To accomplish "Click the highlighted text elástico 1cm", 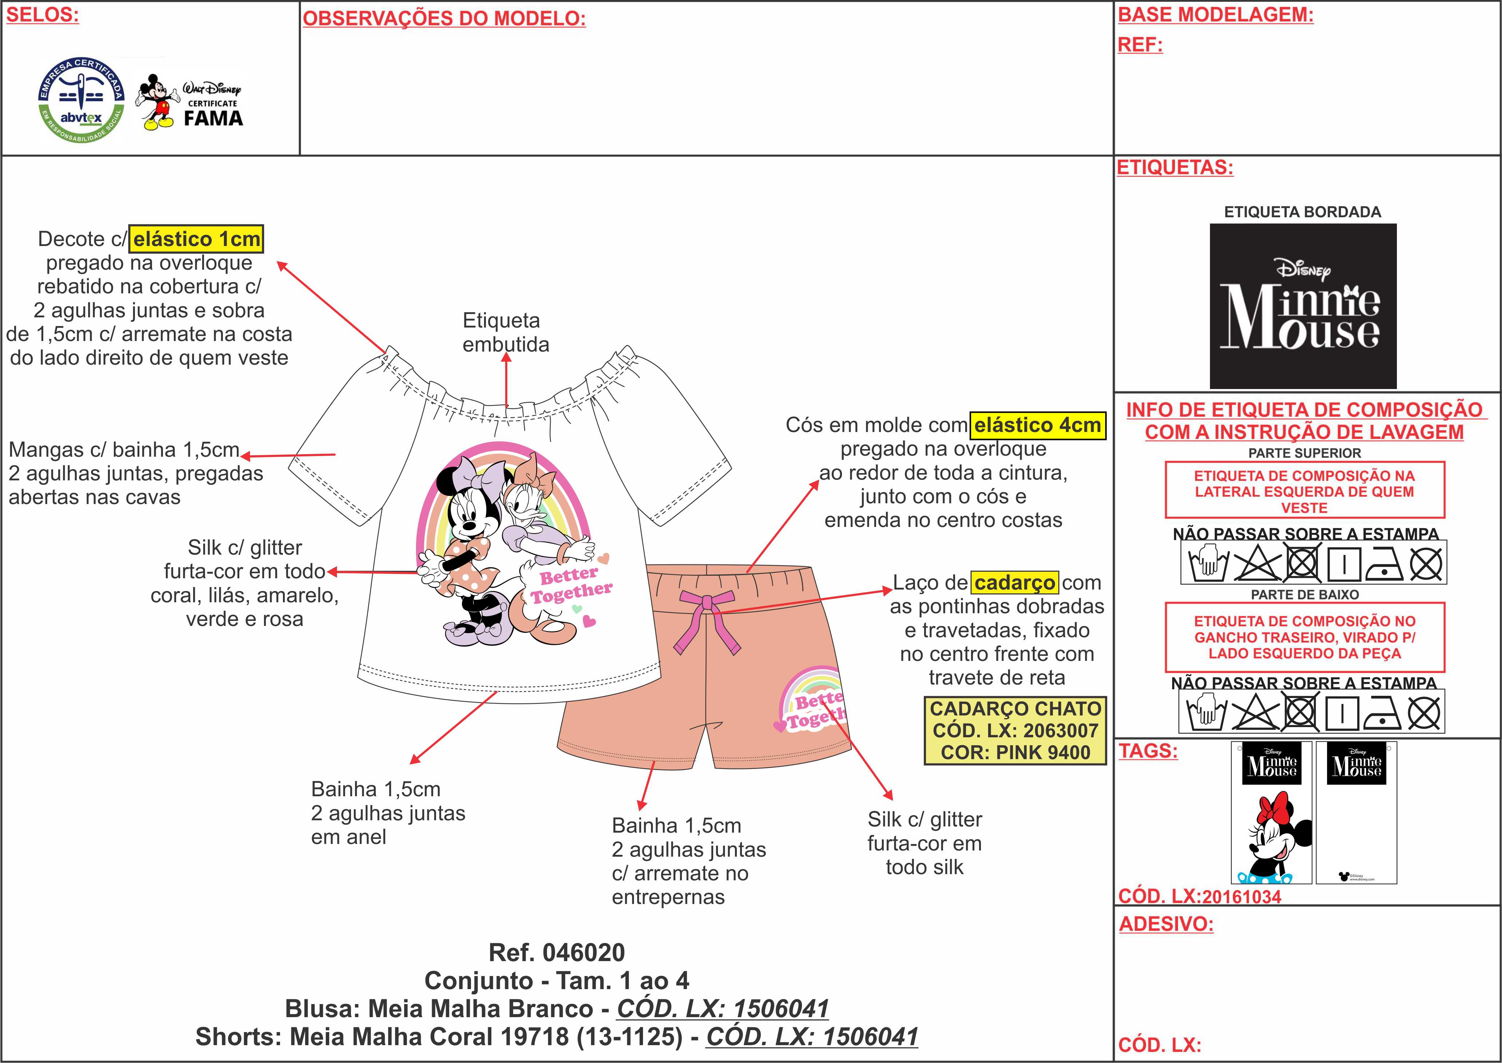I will click(196, 239).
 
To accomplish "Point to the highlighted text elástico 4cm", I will click(1038, 425).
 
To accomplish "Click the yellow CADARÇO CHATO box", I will click(1015, 730).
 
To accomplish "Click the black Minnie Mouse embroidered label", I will click(1302, 306).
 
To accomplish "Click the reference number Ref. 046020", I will click(557, 952).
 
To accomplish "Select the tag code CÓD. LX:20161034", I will click(1199, 897).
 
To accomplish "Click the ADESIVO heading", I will click(1166, 924).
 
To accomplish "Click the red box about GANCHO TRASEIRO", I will click(1305, 638).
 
